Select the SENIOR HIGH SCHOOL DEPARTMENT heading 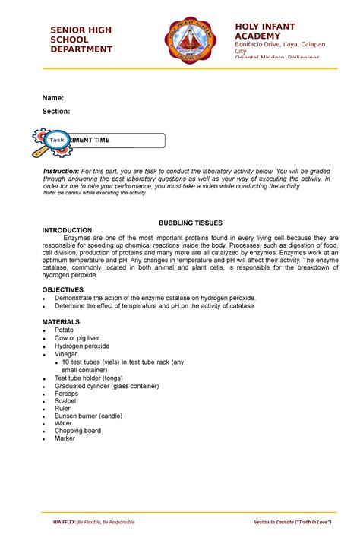click(81, 40)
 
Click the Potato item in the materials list click(64, 330)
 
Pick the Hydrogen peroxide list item click(81, 346)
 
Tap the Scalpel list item click(65, 401)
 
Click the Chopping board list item click(77, 431)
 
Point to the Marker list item click(65, 438)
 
